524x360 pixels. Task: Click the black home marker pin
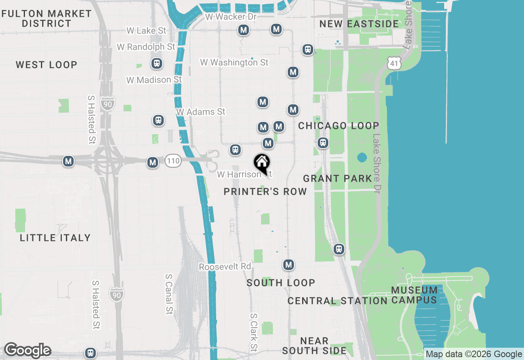tap(262, 163)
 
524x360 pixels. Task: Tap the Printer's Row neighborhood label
tap(265, 191)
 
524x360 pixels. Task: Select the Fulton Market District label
tap(47, 18)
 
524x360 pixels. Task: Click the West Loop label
tap(46, 65)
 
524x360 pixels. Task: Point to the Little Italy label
tap(55, 238)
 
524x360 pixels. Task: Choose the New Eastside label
tap(359, 24)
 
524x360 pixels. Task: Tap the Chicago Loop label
tap(339, 126)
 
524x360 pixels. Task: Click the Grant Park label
tap(338, 178)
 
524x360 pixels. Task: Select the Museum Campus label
tap(414, 295)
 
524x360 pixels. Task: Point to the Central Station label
tap(337, 301)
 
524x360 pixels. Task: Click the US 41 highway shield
tap(393, 63)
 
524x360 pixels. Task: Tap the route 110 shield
tap(173, 161)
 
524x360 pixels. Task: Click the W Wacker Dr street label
tap(231, 17)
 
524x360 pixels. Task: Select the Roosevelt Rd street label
tap(225, 267)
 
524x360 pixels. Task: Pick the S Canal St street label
tap(169, 294)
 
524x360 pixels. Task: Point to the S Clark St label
tap(254, 333)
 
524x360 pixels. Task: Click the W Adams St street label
tap(201, 112)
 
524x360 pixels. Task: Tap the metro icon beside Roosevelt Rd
tap(289, 265)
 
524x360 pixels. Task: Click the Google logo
tap(27, 351)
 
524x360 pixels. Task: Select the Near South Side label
tap(314, 346)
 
